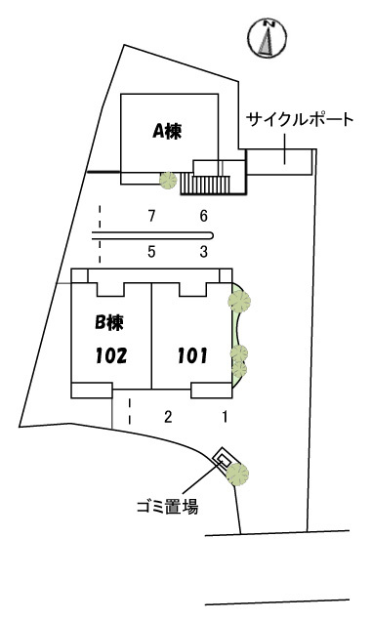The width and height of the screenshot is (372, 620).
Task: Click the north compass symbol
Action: pos(268,37)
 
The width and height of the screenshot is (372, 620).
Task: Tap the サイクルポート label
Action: pos(300,119)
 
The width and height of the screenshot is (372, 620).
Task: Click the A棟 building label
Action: pos(167,131)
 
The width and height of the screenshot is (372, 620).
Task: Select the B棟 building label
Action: pos(109,322)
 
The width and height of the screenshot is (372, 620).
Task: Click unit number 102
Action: pos(111,355)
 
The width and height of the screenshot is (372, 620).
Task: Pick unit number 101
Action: pos(192,355)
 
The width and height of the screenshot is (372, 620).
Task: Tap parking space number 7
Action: pos(151,216)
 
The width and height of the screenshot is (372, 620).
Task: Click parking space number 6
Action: pos(204,216)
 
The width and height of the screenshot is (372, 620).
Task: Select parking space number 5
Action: pos(151,252)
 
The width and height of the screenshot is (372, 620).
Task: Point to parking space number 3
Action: pos(204,252)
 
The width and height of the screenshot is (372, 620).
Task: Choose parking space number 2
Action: pos(168,416)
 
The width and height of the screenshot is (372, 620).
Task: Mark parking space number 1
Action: pos(225,416)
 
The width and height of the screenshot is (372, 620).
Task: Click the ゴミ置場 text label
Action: pos(167,507)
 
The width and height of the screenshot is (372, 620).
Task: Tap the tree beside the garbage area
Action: pos(237,475)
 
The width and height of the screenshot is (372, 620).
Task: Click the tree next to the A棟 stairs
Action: pos(168,181)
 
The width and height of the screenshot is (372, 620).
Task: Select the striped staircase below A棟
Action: pos(205,185)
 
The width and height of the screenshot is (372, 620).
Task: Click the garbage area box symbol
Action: pos(223,458)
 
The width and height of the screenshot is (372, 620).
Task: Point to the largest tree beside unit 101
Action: pos(239,302)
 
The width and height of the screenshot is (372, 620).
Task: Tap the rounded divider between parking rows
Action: pos(153,235)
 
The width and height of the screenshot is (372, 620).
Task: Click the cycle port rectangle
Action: pos(280,162)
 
